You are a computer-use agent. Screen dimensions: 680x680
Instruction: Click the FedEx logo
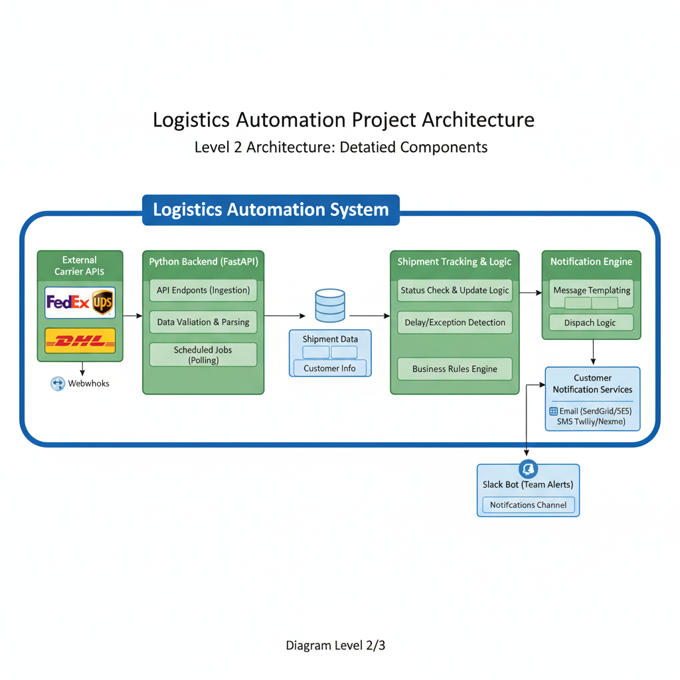[68, 303]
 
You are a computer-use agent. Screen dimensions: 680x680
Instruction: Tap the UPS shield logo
[102, 303]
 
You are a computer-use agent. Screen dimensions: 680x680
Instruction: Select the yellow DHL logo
[80, 341]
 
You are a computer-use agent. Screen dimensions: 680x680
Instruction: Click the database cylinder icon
[330, 305]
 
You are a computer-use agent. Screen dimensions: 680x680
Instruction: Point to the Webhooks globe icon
[58, 383]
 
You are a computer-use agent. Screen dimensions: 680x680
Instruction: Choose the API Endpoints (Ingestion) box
[203, 290]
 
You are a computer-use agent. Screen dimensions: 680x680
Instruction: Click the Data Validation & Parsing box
[203, 322]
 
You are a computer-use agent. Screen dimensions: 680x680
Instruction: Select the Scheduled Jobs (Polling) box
[203, 355]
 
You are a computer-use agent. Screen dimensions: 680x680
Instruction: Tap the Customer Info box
[329, 368]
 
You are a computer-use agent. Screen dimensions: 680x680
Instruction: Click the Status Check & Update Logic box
[455, 290]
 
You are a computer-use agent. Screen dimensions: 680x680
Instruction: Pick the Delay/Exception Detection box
[455, 323]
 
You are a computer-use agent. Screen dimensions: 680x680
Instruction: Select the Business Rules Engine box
[455, 369]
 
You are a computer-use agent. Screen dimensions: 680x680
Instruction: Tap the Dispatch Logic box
[590, 323]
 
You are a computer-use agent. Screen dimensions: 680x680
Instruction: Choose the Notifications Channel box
[529, 505]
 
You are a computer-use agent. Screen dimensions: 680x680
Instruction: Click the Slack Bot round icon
[529, 469]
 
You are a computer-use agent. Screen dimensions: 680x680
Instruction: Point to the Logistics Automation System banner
[271, 210]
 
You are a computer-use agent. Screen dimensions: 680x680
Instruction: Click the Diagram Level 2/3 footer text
[335, 645]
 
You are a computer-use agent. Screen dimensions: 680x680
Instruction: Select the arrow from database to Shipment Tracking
[370, 316]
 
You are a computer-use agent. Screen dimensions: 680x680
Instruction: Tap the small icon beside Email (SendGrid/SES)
[554, 411]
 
